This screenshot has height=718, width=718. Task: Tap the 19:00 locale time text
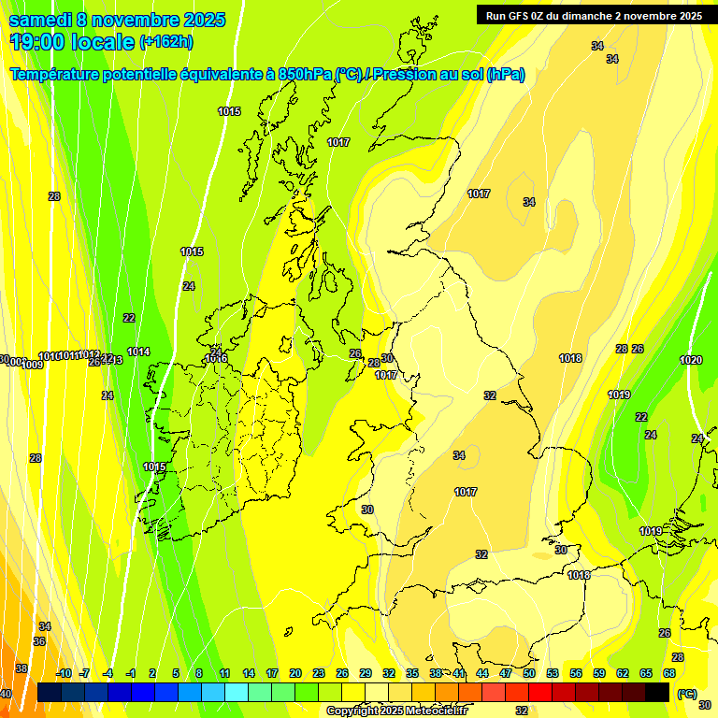(x=72, y=41)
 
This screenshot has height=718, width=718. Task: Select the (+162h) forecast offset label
(x=165, y=42)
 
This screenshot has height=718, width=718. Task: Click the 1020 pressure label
(x=691, y=360)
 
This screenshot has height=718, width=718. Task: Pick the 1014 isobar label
(x=138, y=352)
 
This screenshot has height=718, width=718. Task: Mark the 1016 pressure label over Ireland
(x=216, y=358)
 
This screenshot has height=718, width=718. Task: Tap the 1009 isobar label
(x=33, y=365)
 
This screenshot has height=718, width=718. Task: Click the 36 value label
(x=39, y=641)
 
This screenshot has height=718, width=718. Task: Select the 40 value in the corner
(x=6, y=694)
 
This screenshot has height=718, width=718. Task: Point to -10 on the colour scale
(x=64, y=673)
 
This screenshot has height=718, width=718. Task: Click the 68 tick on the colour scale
(x=669, y=673)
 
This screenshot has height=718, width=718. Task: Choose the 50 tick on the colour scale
(x=529, y=673)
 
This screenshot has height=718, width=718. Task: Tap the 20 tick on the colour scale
(x=295, y=673)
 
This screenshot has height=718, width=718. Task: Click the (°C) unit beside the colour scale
(x=688, y=694)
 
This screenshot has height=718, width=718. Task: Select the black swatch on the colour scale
(x=657, y=692)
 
